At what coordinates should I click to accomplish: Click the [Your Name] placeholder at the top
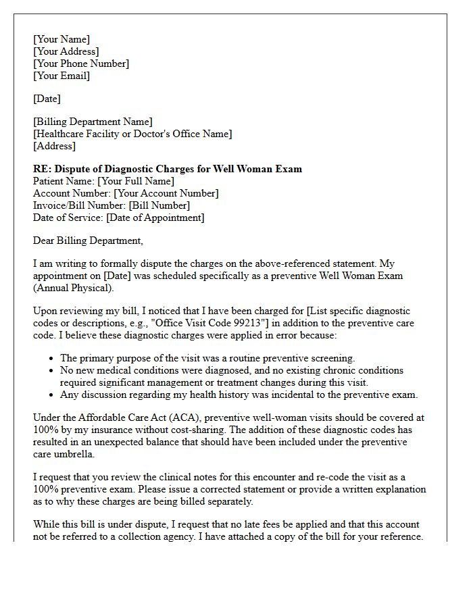pos(61,39)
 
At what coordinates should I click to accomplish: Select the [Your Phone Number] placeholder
pos(81,64)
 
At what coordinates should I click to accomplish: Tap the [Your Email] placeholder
pos(61,76)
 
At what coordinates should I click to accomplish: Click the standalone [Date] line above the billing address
pos(47,99)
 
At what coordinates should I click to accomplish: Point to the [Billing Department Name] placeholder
pos(93,122)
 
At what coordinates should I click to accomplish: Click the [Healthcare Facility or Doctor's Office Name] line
pos(132,134)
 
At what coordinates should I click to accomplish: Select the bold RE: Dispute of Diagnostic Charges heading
pos(168,169)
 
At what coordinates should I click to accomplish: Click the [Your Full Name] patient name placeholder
pos(136,181)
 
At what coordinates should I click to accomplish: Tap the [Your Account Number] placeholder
pos(166,193)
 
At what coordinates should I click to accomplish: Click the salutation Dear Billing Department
pos(88,240)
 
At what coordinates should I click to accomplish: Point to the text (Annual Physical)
pos(74,288)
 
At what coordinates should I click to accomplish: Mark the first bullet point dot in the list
pos(52,359)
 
